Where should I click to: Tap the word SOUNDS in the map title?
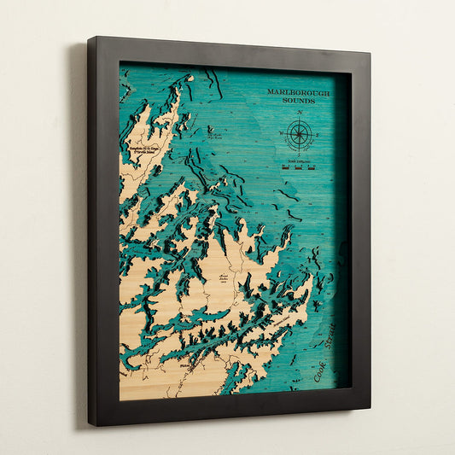coord(299,101)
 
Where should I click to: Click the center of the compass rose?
coord(299,134)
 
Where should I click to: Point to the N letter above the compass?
coord(299,113)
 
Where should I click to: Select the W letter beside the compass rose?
coord(279,133)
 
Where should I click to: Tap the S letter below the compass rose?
coord(299,155)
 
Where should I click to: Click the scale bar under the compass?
coord(299,167)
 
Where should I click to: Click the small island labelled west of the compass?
coord(211,131)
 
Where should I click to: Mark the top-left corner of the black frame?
coord(89,38)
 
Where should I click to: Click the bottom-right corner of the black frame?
coord(369,407)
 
